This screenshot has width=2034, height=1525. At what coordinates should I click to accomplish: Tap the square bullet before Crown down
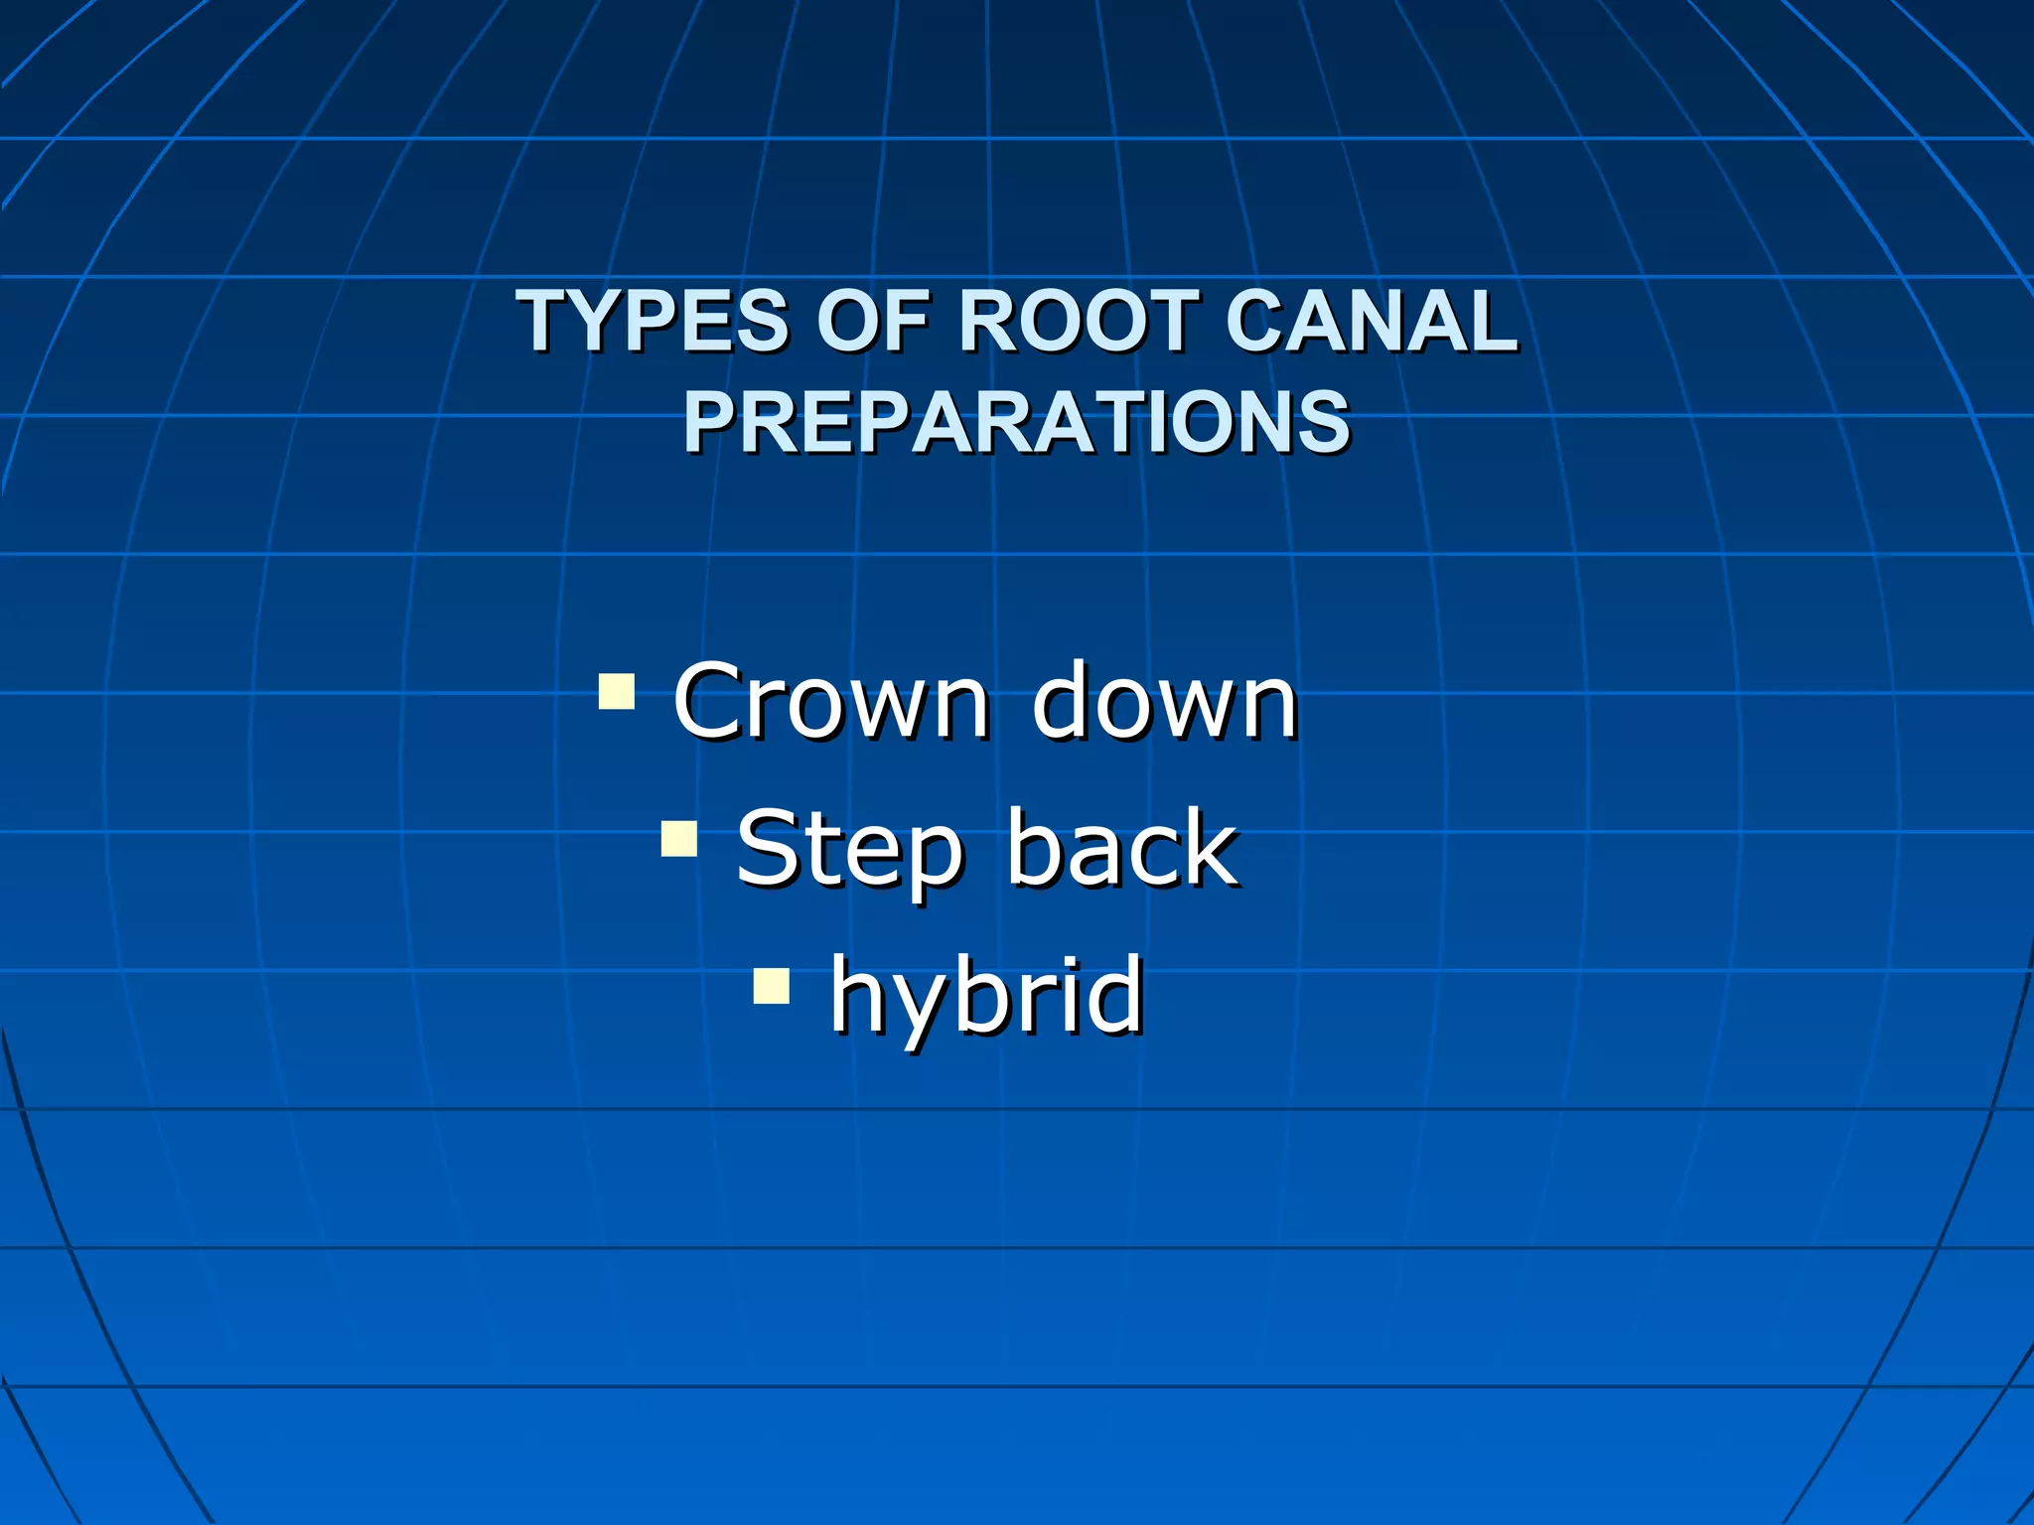(x=617, y=691)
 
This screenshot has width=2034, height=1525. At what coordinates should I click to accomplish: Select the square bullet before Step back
(x=679, y=838)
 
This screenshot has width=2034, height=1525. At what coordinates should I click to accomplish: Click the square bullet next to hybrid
(x=772, y=986)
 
